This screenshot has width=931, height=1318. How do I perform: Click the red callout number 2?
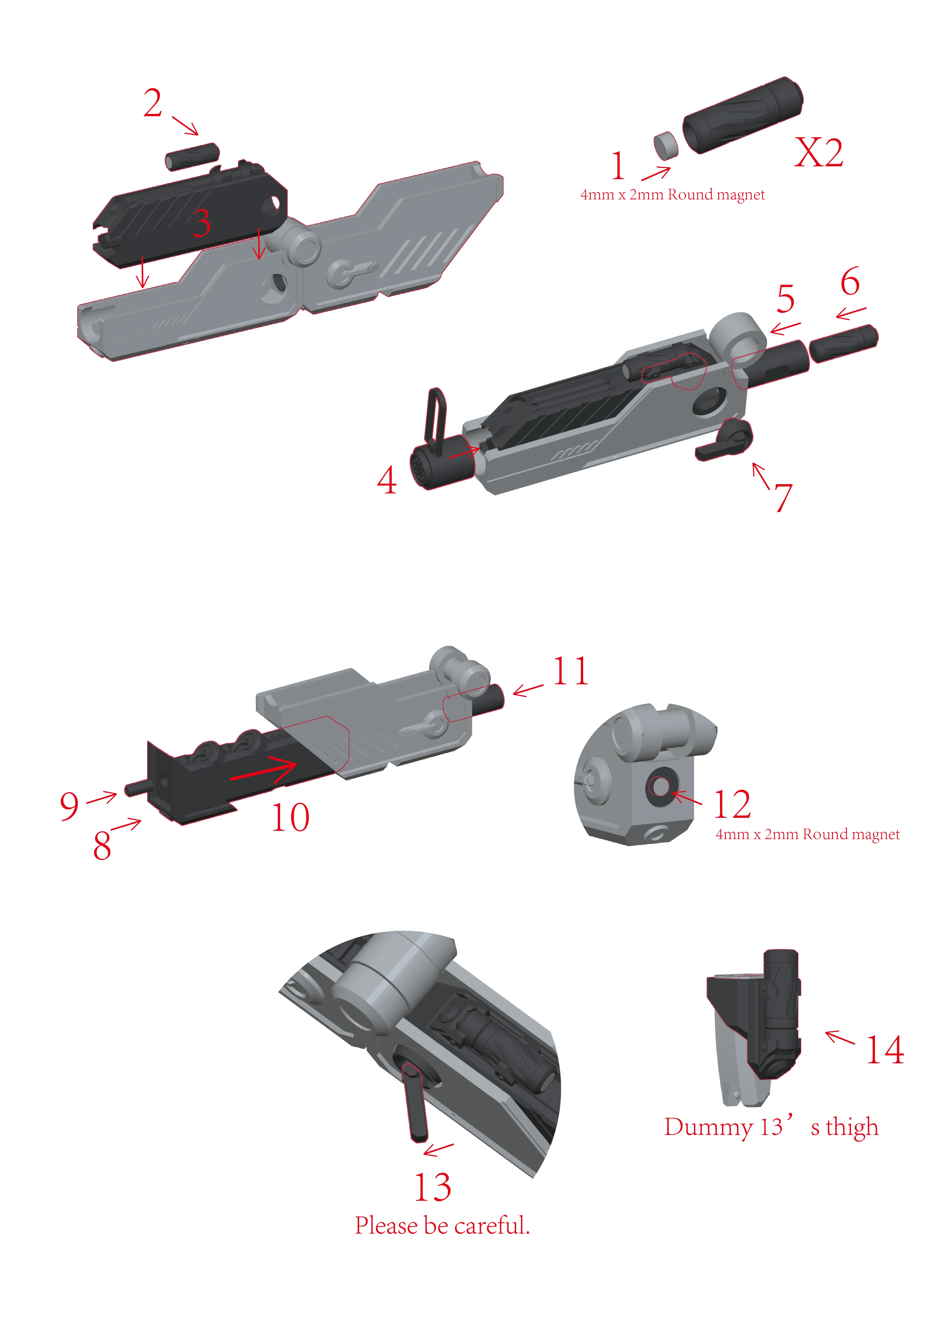153,103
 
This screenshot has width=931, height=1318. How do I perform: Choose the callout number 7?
784,497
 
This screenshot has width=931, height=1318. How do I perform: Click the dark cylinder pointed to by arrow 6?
843,343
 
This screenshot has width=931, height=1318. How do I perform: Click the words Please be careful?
442,1226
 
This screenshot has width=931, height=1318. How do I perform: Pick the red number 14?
885,1050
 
